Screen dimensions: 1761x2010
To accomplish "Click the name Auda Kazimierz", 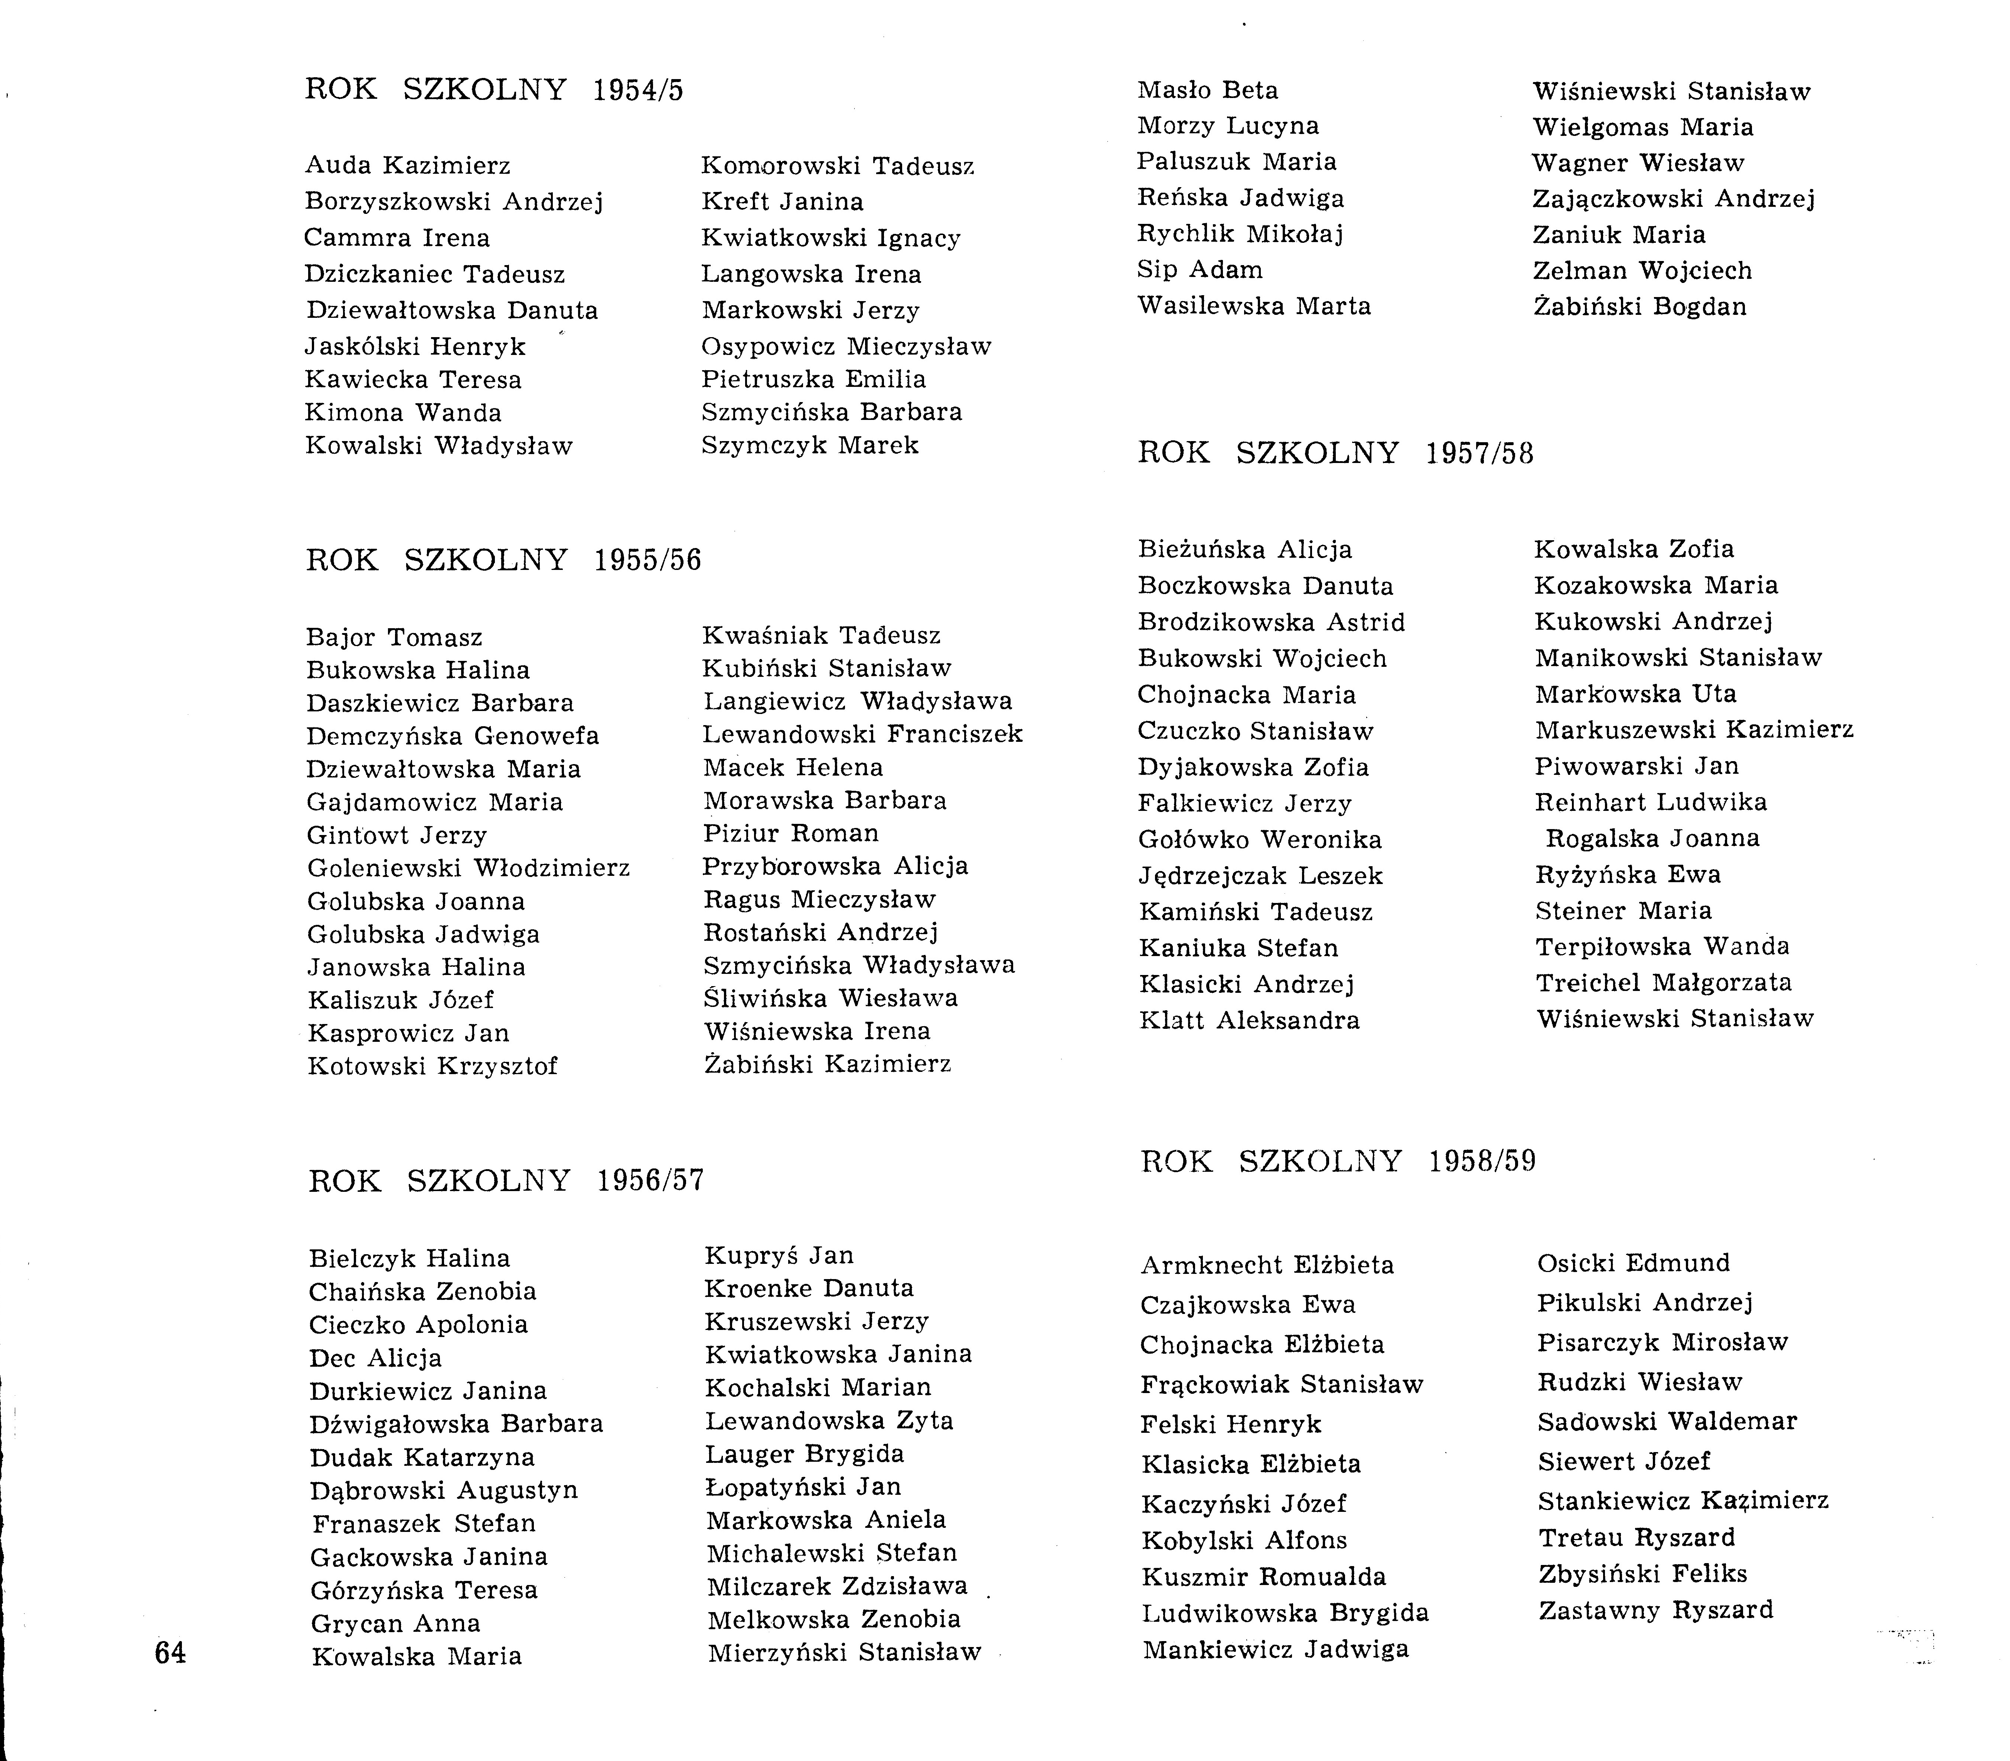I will [x=408, y=165].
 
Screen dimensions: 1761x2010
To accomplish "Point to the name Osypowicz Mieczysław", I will [x=846, y=347].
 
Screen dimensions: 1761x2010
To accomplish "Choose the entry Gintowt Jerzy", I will [x=397, y=835].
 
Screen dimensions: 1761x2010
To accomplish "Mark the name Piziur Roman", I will [x=791, y=833].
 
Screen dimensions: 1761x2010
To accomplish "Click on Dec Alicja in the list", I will [x=375, y=1358].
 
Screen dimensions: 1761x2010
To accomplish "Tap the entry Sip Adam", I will [x=1200, y=269].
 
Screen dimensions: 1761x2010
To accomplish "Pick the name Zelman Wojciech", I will [x=1642, y=270].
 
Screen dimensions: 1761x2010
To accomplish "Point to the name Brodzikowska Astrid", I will [x=1271, y=622].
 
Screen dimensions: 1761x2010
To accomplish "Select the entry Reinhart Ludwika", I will [x=1651, y=802].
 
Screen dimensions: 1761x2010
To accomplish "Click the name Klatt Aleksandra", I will [x=1249, y=1020].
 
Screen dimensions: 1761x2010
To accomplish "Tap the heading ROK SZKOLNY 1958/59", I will [x=1338, y=1161].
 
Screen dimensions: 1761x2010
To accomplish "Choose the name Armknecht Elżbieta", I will [x=1266, y=1265].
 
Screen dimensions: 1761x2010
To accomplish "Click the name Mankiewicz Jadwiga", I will [x=1275, y=1649].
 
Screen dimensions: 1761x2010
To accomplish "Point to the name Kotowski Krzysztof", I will [x=432, y=1066].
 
